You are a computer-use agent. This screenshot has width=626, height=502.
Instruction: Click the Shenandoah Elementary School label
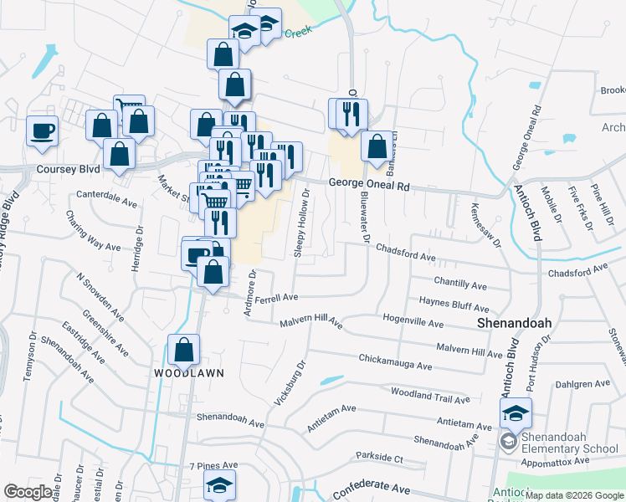(569, 442)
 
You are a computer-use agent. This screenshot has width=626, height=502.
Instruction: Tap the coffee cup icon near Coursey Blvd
(42, 131)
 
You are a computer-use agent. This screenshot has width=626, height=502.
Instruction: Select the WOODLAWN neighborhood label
(189, 373)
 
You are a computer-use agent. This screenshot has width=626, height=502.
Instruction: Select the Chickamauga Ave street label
(394, 366)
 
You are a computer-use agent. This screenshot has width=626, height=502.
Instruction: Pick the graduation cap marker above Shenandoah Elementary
(516, 412)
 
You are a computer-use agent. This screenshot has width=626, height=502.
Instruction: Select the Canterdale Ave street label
(106, 202)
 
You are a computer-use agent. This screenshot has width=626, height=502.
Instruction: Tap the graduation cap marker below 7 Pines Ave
(220, 484)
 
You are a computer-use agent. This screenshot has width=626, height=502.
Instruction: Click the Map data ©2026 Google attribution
(574, 495)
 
